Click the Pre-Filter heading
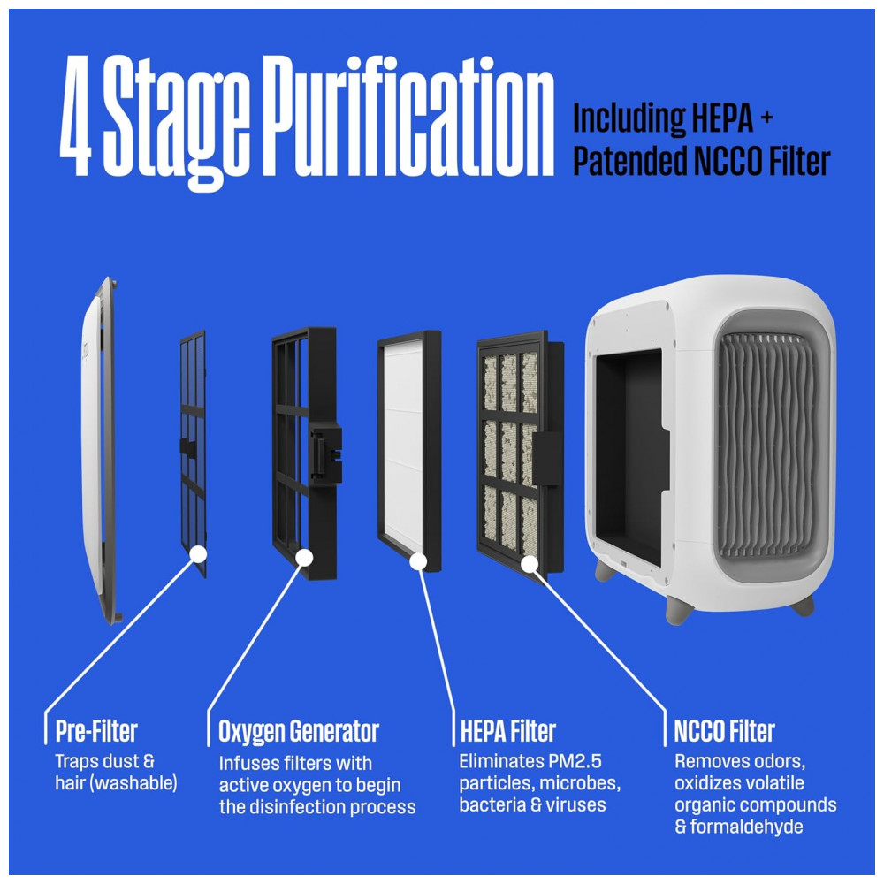(x=96, y=731)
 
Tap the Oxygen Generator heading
(x=298, y=732)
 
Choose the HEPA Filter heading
(x=507, y=731)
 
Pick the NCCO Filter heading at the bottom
(x=725, y=731)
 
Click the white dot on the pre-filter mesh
(x=198, y=553)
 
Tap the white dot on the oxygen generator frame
(x=304, y=558)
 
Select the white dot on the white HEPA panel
(x=418, y=561)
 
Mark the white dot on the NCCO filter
(x=530, y=564)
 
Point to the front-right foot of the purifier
(x=679, y=610)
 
